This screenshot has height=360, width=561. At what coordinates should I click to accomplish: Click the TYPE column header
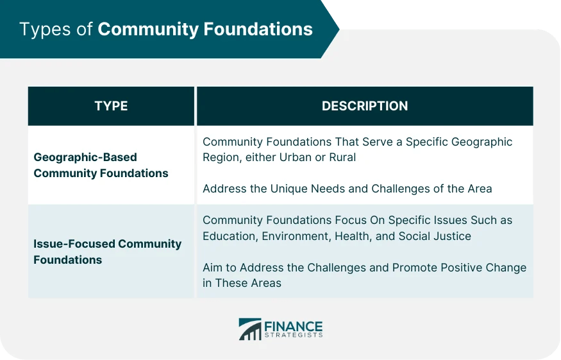[x=111, y=107]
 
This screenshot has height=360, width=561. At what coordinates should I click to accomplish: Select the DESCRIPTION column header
[x=364, y=107]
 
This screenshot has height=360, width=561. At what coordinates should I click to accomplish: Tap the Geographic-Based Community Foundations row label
[x=101, y=165]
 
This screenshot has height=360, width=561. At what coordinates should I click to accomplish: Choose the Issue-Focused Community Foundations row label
[x=107, y=252]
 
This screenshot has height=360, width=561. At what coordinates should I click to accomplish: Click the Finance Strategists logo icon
[x=250, y=329]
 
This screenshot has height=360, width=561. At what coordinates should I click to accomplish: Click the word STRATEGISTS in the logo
[x=293, y=336]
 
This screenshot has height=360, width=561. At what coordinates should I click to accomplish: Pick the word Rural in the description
[x=342, y=157]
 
